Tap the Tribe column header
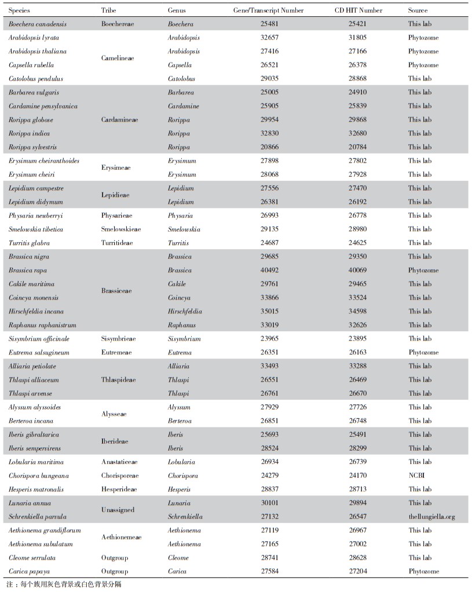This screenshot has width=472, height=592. pos(108,10)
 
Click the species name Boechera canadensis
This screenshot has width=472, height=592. pos(38,24)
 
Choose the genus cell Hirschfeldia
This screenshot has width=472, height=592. pos(185,312)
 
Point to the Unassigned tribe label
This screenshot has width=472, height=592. pos(118,510)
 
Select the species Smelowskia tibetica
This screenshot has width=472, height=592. pos(36,229)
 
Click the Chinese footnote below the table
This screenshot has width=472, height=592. pos(64,584)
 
